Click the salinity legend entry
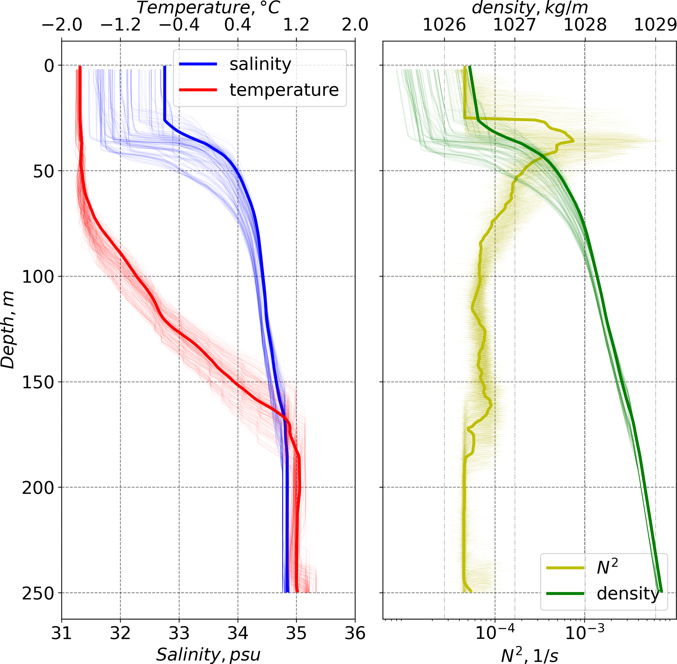[x=260, y=64]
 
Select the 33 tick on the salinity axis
[x=179, y=633]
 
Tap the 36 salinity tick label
[x=355, y=633]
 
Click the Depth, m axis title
[x=8, y=330]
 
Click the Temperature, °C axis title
[x=208, y=8]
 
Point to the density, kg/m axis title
[x=530, y=8]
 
